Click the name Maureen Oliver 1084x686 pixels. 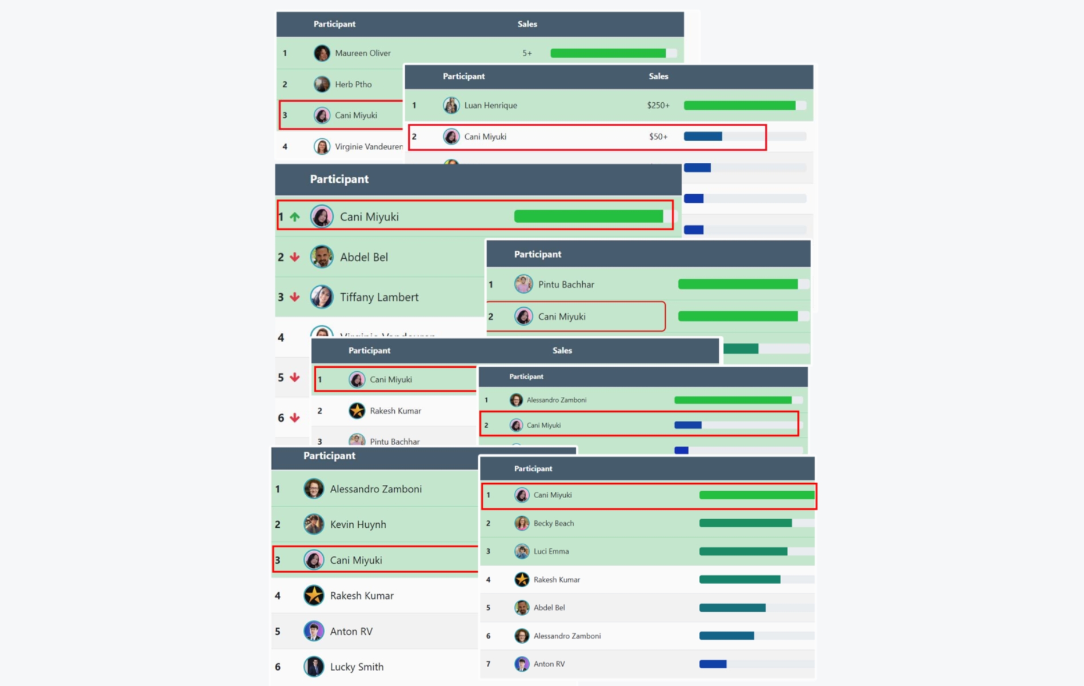[x=362, y=53]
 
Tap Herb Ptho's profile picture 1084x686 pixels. [x=322, y=85]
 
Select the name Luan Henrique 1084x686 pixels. [x=490, y=105]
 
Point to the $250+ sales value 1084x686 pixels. [x=658, y=105]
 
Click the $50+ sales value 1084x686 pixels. [x=658, y=137]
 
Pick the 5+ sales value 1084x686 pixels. [x=527, y=53]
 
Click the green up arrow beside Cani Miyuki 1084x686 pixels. [x=295, y=217]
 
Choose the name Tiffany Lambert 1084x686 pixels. [x=379, y=297]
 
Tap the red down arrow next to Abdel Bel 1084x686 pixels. [x=295, y=257]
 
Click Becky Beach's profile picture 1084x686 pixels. [x=522, y=523]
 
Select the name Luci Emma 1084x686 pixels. [x=551, y=551]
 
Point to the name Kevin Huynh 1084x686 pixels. [x=358, y=524]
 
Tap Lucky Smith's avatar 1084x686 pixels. [x=314, y=667]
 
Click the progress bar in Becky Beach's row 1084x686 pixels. [x=745, y=523]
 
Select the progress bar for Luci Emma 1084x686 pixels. [x=743, y=551]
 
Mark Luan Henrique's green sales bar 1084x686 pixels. [x=739, y=105]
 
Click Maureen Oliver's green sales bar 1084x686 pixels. [x=607, y=53]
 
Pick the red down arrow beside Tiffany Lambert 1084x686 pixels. [x=295, y=297]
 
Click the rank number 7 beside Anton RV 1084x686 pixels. [x=488, y=664]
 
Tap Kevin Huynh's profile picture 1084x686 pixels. [x=314, y=524]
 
